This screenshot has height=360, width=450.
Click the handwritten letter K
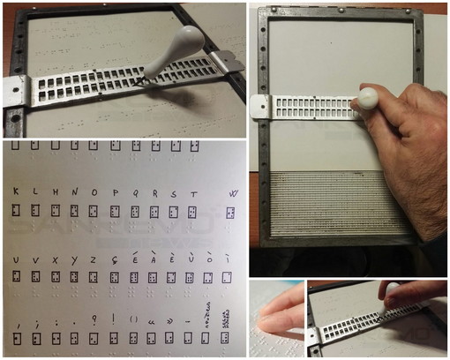coord(16,191)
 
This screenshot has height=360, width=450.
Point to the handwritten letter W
coord(232,194)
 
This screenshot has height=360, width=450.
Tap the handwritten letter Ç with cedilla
coord(115,260)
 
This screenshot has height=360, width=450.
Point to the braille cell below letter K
coord(16,212)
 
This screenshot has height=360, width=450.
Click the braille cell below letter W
coord(231,214)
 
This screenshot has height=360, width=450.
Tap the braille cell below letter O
coord(94,212)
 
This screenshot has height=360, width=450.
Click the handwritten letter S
coord(173,192)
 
